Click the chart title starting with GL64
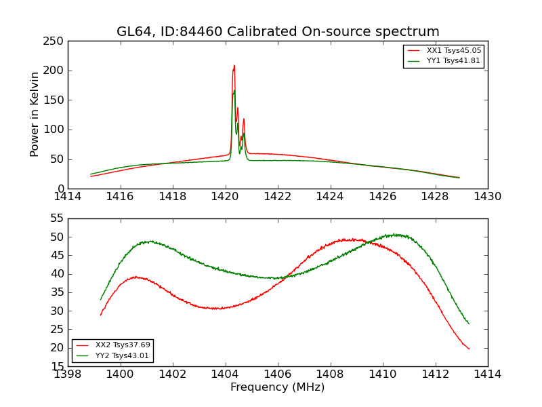[278, 31]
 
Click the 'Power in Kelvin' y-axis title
[35, 114]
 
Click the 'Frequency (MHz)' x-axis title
[277, 387]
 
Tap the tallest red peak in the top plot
[234, 66]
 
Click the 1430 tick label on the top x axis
[487, 197]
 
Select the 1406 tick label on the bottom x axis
[277, 374]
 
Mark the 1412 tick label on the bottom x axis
[435, 374]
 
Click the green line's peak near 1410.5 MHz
[395, 235]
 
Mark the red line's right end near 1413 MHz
[469, 349]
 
